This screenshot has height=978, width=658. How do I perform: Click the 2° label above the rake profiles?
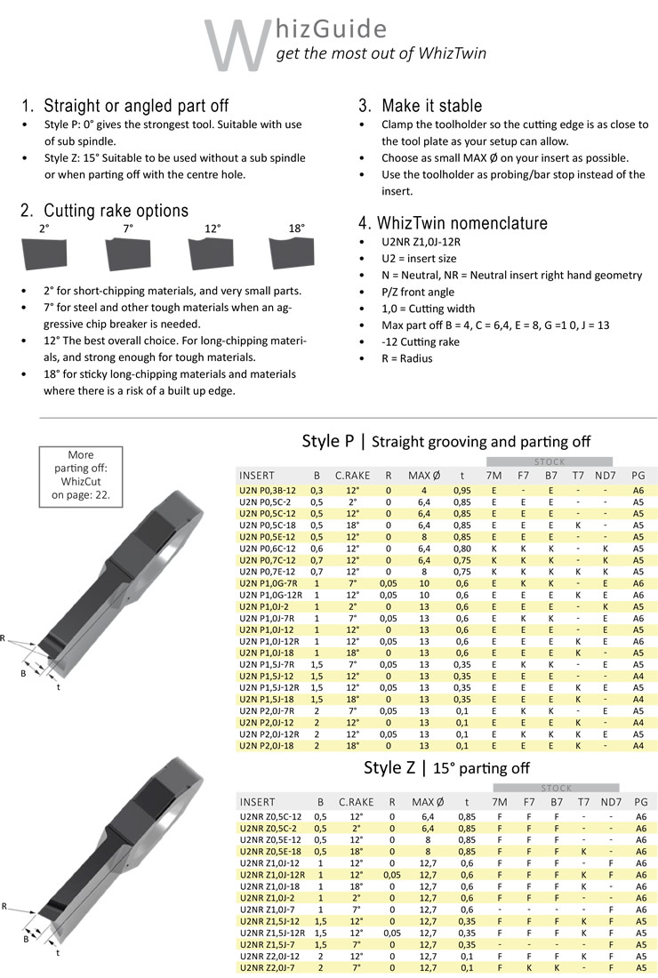coord(44,228)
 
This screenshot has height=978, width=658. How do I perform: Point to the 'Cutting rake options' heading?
coord(105,211)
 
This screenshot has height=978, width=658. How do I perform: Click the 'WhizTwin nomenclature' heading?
coord(453,222)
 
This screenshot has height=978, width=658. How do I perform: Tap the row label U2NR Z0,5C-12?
coord(270,816)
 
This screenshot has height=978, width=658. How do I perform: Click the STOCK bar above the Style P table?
coord(549,462)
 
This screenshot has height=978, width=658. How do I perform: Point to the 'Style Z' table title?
coord(390,767)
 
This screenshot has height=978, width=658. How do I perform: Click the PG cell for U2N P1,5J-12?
coord(638,676)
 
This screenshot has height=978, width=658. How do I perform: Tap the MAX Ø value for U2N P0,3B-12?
coord(424,490)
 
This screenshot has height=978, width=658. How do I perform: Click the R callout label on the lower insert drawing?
coord(5,907)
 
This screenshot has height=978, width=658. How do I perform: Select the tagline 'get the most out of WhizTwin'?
coord(381,53)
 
